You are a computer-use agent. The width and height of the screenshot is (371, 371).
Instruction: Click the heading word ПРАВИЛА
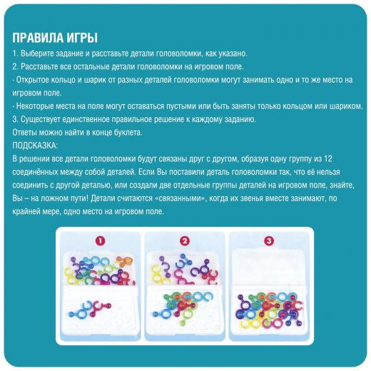click(x=37, y=38)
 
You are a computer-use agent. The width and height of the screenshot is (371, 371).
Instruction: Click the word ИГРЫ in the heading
click(x=81, y=38)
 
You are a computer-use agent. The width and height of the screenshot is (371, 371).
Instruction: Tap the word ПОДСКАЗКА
click(x=35, y=146)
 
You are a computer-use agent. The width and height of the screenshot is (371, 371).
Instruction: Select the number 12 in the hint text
click(x=327, y=158)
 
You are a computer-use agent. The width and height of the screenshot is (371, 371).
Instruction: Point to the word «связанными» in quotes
click(x=181, y=198)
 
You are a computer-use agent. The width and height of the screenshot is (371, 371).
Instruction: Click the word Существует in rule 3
click(x=40, y=119)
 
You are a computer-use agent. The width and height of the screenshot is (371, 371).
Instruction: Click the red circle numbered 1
click(x=100, y=241)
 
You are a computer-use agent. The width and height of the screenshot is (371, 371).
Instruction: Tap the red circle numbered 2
click(x=185, y=241)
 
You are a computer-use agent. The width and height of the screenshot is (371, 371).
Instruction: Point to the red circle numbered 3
click(x=269, y=241)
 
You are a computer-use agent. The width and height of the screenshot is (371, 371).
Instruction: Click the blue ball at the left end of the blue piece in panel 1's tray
click(x=71, y=315)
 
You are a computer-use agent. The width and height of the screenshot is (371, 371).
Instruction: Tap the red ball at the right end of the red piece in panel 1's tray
click(x=108, y=306)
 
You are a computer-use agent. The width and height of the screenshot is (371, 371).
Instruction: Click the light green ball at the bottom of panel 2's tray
click(x=183, y=323)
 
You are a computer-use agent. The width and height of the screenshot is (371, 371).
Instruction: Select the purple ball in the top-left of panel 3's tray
click(x=240, y=297)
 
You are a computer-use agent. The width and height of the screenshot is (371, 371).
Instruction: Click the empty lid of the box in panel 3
click(x=268, y=267)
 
